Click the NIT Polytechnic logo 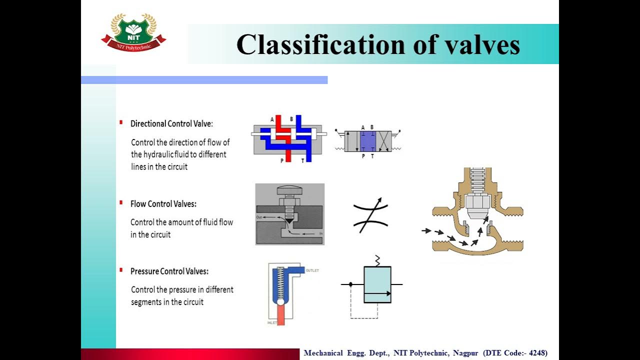pos(133,33)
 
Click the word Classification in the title pos(320,44)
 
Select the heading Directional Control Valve pos(171,123)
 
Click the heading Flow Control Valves pos(163,204)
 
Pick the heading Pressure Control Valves pos(169,271)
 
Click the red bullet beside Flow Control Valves pos(121,202)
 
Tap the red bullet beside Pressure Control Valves pos(121,270)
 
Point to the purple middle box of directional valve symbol pos(367,141)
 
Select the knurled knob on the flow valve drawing pos(290,190)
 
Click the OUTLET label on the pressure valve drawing pos(312,270)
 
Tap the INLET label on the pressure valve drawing pos(272,322)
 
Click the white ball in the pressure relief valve pos(280,301)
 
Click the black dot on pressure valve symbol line pos(350,284)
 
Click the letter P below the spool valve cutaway pos(282,160)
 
